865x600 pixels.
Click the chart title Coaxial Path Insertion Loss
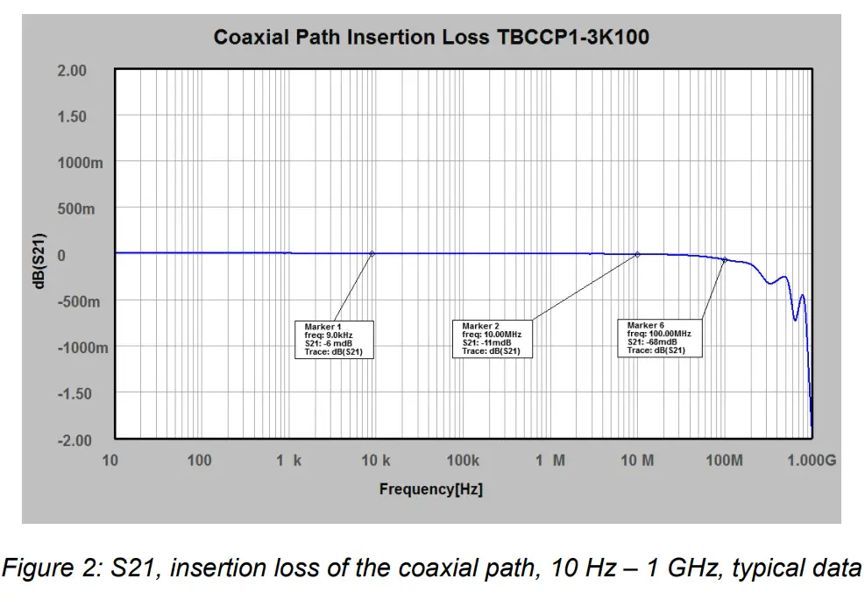point(431,38)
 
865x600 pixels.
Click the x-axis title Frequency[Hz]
point(430,489)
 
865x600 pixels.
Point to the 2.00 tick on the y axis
point(72,71)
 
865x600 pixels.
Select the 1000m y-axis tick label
point(79,163)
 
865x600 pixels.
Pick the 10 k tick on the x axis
point(374,461)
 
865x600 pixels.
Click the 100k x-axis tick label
point(463,461)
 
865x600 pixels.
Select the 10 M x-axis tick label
point(637,461)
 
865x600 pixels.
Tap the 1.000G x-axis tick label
point(811,461)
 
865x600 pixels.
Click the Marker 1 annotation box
point(334,339)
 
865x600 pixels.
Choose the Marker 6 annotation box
point(659,338)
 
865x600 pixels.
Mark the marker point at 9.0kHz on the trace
point(372,254)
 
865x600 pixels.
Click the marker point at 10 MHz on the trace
point(637,255)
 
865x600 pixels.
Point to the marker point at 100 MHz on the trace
point(725,259)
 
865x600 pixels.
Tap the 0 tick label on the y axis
point(61,256)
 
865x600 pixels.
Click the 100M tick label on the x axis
point(724,461)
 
